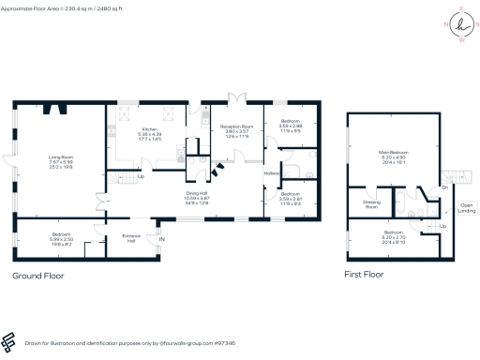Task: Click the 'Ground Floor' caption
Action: coord(38,277)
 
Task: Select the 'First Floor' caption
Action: coord(363,275)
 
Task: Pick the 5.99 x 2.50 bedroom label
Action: coord(61,236)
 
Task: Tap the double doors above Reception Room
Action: coord(237,97)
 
